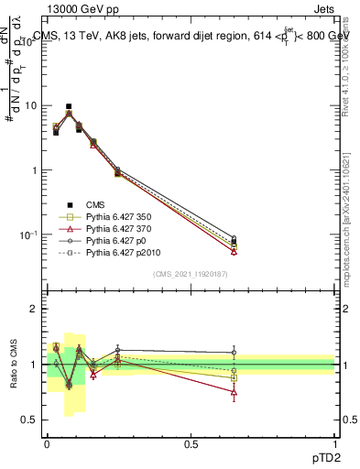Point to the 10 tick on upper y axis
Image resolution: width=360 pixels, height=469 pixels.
point(31,105)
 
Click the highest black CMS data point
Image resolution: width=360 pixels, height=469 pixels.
point(69,106)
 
